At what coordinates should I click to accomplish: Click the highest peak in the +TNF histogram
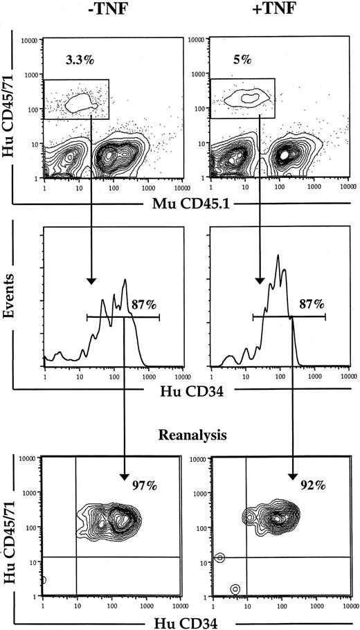click(x=278, y=256)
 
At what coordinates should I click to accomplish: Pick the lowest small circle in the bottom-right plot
click(x=235, y=588)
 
